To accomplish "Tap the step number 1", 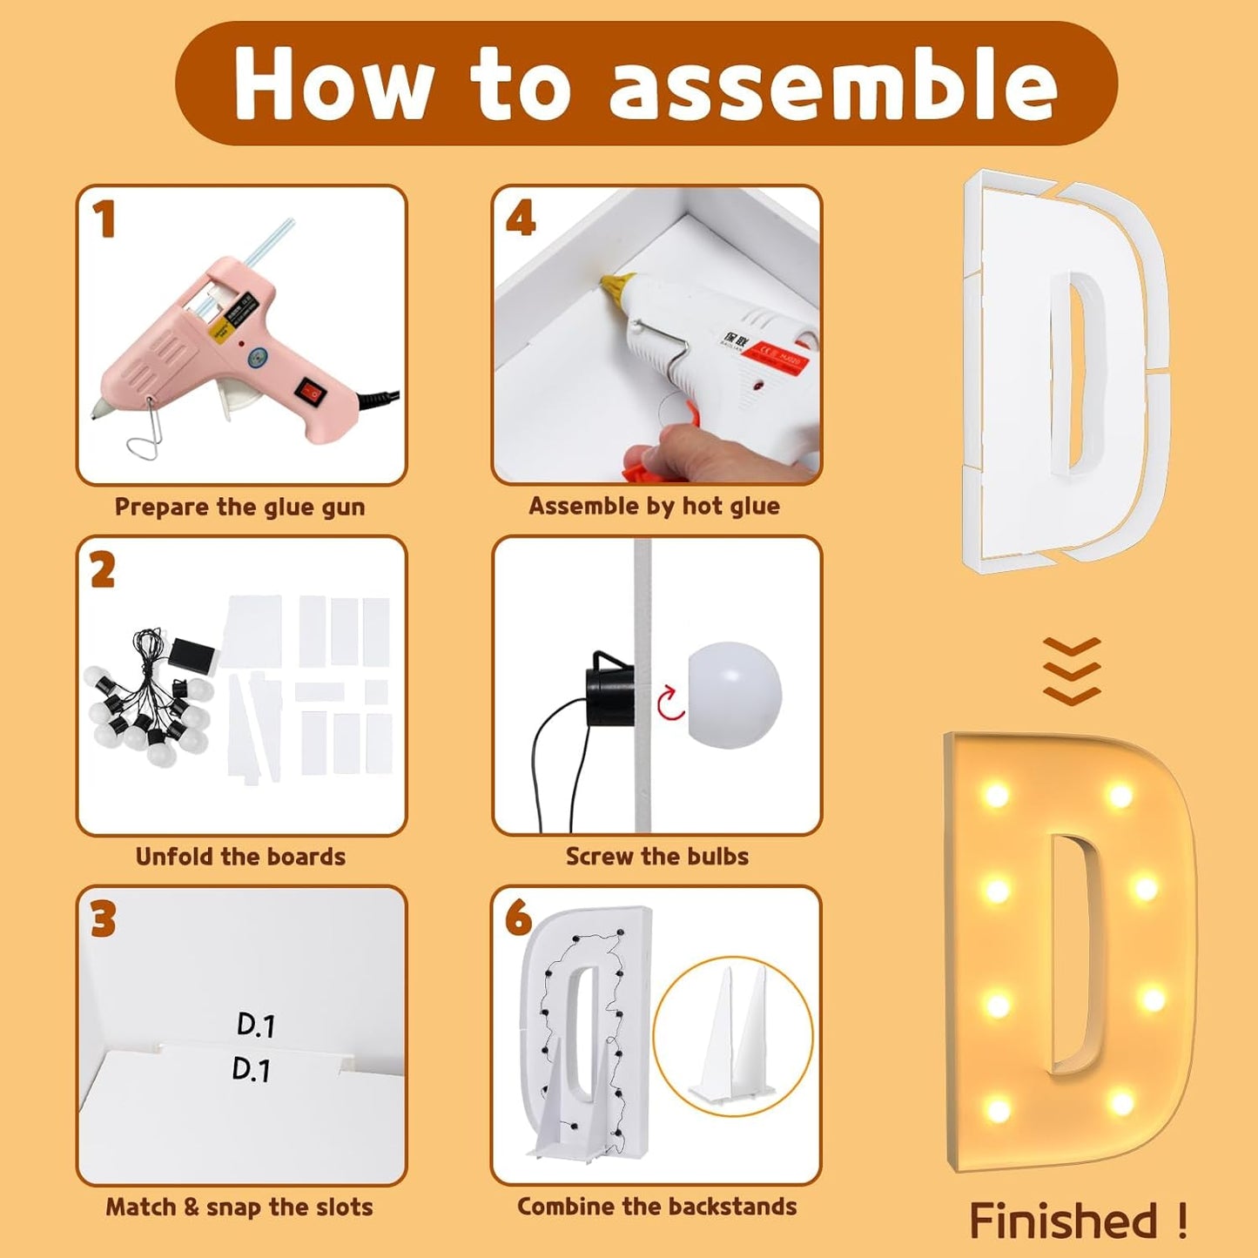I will (105, 219).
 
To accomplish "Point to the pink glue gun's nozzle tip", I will (96, 412).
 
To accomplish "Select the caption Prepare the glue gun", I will (239, 507).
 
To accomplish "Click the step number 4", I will (521, 219).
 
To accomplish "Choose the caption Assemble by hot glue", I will (654, 506).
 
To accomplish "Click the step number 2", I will (103, 571).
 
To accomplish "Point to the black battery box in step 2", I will (193, 654).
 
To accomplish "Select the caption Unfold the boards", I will (240, 857).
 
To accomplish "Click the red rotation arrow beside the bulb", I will (671, 703).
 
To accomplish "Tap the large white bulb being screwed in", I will (734, 695).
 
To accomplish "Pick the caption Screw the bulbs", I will (656, 857).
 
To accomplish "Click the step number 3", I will (103, 920).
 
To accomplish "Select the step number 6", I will (518, 918).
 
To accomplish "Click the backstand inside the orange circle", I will (733, 1036).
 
